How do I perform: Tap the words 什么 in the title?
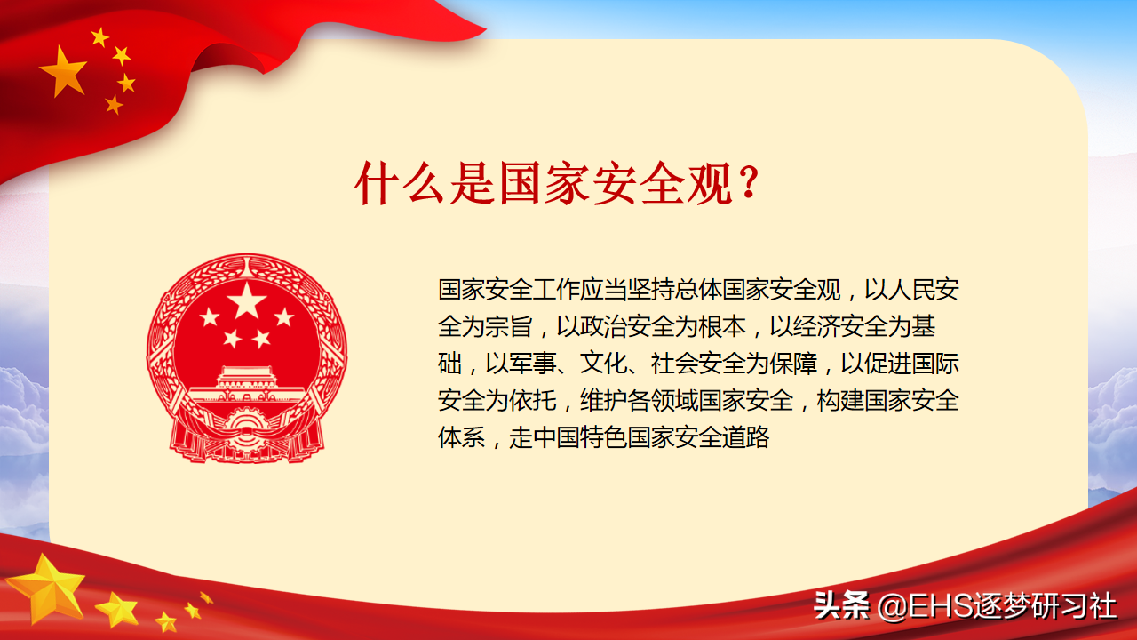(x=400, y=183)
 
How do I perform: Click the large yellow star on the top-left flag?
(x=63, y=71)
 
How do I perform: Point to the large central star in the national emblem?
(x=247, y=300)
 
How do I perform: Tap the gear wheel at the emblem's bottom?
(x=247, y=429)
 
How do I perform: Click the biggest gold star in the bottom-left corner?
(x=47, y=588)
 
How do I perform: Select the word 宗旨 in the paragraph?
(x=509, y=326)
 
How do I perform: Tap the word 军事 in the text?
(x=532, y=364)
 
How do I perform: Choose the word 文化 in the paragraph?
(x=603, y=364)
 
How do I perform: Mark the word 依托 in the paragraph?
(x=532, y=400)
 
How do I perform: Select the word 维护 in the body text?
(x=603, y=400)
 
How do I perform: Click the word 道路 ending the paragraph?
(x=745, y=437)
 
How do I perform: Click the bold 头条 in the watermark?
(x=841, y=605)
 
